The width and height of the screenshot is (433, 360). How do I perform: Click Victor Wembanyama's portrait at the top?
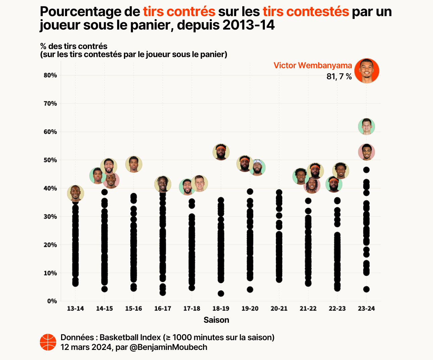(x=367, y=71)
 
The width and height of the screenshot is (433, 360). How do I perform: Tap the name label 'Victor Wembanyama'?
(x=312, y=65)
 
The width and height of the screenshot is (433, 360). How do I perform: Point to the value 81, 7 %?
(x=339, y=77)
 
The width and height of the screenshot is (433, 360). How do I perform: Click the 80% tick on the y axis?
(x=50, y=75)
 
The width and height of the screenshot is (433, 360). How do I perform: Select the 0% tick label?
(x=52, y=301)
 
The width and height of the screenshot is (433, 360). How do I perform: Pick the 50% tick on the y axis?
(x=50, y=160)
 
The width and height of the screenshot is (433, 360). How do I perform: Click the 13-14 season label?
(x=75, y=309)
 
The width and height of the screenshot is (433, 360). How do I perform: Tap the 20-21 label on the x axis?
(x=279, y=309)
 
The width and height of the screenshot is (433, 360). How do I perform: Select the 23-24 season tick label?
(x=366, y=309)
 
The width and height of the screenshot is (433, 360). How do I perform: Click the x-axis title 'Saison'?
(x=216, y=320)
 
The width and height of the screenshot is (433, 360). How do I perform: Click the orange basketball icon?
(x=48, y=342)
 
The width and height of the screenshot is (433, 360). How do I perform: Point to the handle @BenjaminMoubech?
(x=168, y=347)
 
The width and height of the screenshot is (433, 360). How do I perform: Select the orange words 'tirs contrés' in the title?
(x=179, y=12)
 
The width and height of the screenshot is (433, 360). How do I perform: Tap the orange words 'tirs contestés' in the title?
(x=306, y=12)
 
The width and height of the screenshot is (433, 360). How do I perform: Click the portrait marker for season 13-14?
(x=75, y=193)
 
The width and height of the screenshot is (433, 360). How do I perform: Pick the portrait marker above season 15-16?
(x=134, y=164)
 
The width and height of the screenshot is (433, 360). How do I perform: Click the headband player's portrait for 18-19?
(x=221, y=152)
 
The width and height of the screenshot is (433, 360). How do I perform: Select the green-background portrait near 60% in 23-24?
(x=366, y=127)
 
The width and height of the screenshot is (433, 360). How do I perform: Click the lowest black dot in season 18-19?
(x=221, y=294)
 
